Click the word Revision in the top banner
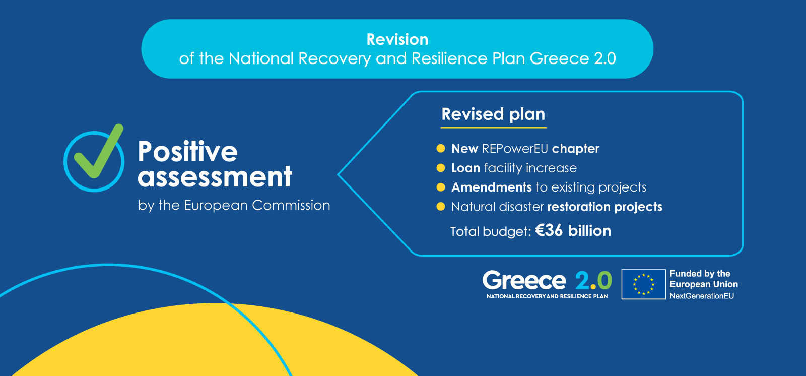397,39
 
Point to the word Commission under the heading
291,205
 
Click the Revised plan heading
493,114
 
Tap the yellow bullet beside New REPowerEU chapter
440,148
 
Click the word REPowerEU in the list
515,148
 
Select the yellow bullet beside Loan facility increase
440,168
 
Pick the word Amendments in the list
492,187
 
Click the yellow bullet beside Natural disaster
440,207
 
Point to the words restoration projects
605,207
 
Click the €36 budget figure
549,230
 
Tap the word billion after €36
590,230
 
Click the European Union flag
643,285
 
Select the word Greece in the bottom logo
524,280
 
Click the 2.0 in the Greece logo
593,280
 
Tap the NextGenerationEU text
702,296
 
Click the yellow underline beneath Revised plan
494,128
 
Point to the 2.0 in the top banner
605,58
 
